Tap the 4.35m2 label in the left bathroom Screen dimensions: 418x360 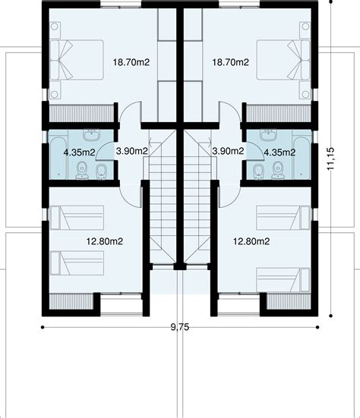coord(78,152)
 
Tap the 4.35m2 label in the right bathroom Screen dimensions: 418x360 coord(279,152)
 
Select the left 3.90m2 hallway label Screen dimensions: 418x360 coord(131,152)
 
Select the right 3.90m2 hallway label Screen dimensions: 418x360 coord(228,152)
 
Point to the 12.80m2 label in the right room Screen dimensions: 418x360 coord(251,242)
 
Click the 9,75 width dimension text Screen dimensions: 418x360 coord(180,328)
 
